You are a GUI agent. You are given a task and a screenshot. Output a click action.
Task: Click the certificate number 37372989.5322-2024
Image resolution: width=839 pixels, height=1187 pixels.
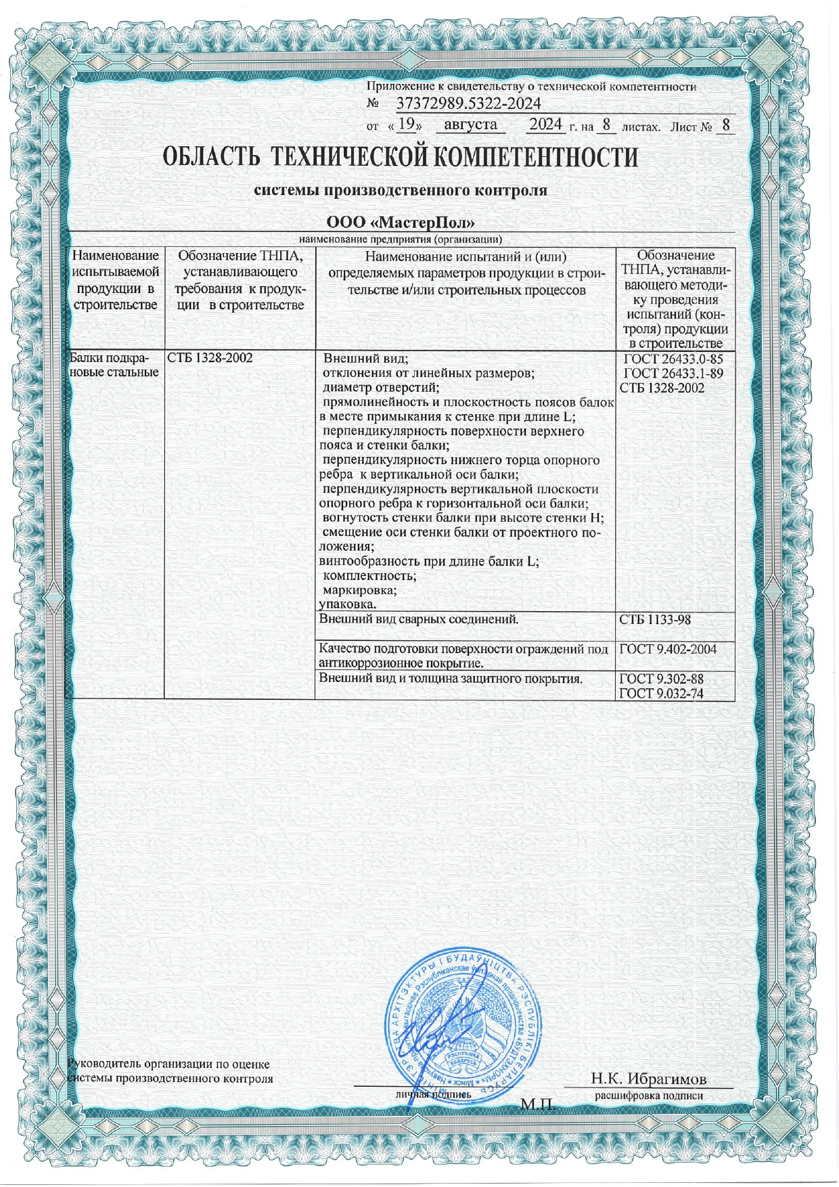[x=468, y=104]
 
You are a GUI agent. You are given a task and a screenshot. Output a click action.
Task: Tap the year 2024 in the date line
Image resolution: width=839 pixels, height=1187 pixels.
[x=545, y=125]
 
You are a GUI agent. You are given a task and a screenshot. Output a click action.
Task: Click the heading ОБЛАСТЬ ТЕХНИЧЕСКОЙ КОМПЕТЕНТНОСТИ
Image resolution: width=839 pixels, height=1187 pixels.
[x=400, y=158]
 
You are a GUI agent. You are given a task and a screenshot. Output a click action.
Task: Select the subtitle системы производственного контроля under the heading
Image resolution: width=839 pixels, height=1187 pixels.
[x=400, y=191]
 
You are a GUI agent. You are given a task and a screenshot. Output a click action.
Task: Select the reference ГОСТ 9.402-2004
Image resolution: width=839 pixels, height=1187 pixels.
[x=668, y=649]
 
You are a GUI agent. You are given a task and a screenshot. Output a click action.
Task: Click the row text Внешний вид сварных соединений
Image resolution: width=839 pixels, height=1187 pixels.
[x=419, y=619]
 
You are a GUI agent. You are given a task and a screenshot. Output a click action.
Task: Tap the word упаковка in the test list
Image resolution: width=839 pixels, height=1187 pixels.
[x=348, y=604]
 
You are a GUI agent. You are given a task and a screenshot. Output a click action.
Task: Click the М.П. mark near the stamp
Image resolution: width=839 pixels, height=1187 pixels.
[x=538, y=1105]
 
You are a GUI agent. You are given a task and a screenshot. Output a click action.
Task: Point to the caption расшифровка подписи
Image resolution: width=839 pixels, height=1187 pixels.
[x=649, y=1095]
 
